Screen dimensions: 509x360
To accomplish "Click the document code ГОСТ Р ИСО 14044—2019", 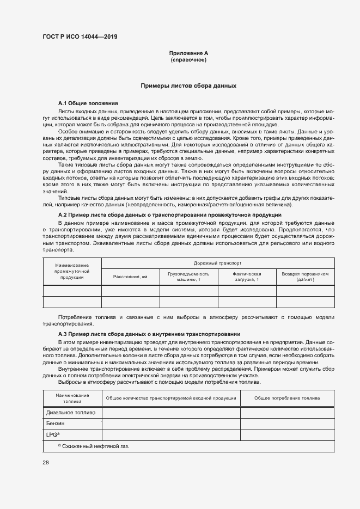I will click(80, 37).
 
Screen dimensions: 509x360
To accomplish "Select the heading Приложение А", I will click(188, 53).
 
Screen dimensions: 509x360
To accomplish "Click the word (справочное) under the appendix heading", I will click(188, 59).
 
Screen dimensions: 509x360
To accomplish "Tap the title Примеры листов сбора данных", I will click(188, 86).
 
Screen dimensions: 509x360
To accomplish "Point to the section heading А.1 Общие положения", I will click(88, 103).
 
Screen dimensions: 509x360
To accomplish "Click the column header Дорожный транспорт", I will click(217, 262).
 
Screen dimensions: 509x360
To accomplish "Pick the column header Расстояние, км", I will click(130, 277).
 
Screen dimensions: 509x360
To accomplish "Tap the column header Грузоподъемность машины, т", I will click(188, 277).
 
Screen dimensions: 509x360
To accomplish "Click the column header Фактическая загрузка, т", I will click(247, 277).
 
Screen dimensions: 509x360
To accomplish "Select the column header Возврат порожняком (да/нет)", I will click(305, 277).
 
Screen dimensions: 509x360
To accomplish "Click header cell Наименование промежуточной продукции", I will click(72, 271).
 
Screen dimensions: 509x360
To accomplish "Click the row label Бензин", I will click(55, 424).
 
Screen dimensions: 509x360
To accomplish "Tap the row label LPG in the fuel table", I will click(52, 434).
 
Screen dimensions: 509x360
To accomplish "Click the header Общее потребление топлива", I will click(287, 398).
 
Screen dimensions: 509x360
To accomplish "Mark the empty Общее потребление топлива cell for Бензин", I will click(287, 424).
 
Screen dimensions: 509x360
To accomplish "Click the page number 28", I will click(46, 463).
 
